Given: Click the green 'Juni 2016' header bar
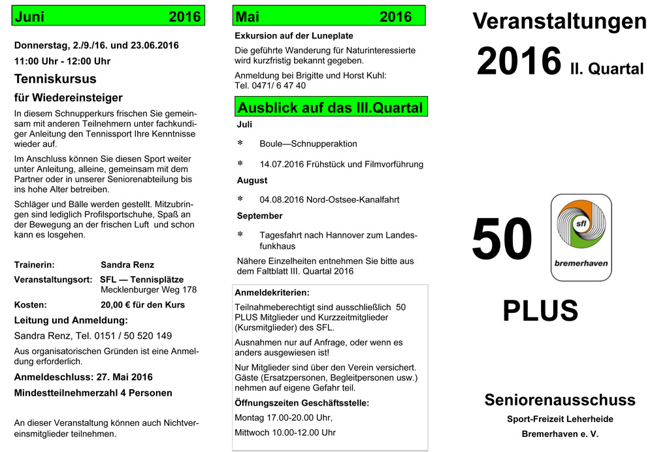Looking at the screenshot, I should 108,17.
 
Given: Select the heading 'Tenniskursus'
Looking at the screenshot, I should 56,79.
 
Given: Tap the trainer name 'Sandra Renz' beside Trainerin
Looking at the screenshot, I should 127,265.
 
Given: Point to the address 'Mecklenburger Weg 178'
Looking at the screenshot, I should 148,289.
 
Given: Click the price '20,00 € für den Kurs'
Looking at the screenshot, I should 142,305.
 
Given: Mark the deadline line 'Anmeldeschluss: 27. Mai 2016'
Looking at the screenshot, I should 84,377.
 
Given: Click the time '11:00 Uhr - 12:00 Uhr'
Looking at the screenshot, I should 62,61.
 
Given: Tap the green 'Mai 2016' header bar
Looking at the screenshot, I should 329,17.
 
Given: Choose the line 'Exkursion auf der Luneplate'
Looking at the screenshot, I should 294,36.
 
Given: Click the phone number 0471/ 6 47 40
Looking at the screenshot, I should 270,86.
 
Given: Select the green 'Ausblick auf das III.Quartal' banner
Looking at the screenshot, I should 330,107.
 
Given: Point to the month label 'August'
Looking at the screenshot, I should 252,180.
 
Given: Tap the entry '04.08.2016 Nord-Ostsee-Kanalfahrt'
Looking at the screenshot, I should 329,200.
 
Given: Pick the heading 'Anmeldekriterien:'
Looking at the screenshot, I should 272,293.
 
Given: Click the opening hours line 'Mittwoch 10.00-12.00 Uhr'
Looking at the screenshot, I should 285,432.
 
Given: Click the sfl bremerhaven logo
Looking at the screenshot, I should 581,238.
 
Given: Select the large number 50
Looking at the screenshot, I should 502,240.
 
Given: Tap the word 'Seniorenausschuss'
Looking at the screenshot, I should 560,400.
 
